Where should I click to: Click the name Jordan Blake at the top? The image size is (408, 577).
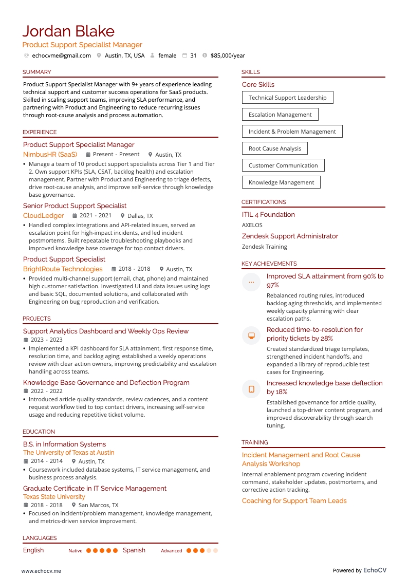click(68, 31)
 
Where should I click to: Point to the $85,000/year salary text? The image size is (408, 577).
click(228, 55)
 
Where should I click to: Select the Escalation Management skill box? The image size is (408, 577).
click(280, 115)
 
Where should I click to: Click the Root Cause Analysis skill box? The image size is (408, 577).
click(275, 148)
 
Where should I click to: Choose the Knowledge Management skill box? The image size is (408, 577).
click(281, 182)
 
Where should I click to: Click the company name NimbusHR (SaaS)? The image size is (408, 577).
click(50, 154)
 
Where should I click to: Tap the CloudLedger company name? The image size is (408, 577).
click(44, 216)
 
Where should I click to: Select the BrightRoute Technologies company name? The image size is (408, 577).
click(63, 269)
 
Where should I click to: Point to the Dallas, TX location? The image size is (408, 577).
click(140, 216)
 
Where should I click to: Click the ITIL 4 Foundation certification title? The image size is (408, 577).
click(268, 215)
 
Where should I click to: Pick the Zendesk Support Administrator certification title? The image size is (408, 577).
click(290, 236)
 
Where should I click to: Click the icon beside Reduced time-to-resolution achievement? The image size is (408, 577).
click(251, 336)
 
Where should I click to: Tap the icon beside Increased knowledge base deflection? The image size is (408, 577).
click(251, 389)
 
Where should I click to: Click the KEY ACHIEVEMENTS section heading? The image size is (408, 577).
click(269, 264)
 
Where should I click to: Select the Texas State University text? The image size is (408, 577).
click(54, 497)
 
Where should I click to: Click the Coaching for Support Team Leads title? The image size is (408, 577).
click(294, 501)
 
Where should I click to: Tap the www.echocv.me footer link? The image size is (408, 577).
click(41, 570)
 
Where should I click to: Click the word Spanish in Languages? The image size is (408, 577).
click(134, 550)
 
